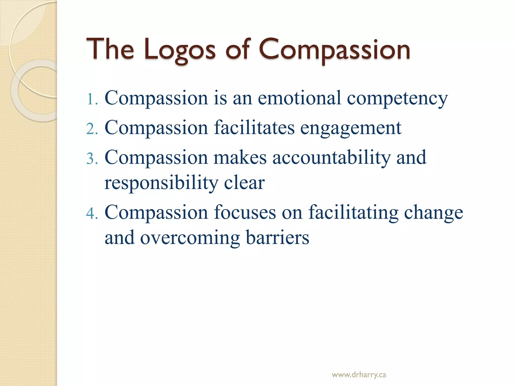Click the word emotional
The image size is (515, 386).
299,98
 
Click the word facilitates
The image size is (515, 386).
254,128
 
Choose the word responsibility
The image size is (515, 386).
161,183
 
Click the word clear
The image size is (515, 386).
244,183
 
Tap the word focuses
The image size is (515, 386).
245,213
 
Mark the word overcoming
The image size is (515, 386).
190,238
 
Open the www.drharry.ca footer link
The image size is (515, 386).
359,375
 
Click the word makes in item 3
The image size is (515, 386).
240,158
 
